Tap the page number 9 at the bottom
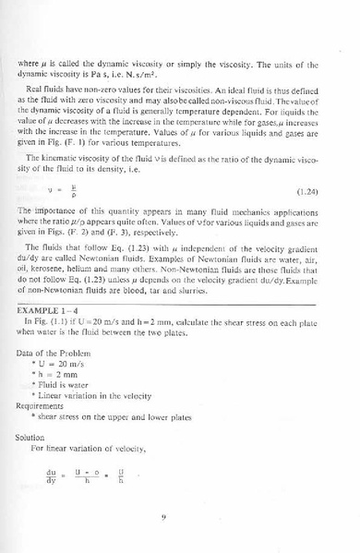[162, 516]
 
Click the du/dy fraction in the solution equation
[52, 476]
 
